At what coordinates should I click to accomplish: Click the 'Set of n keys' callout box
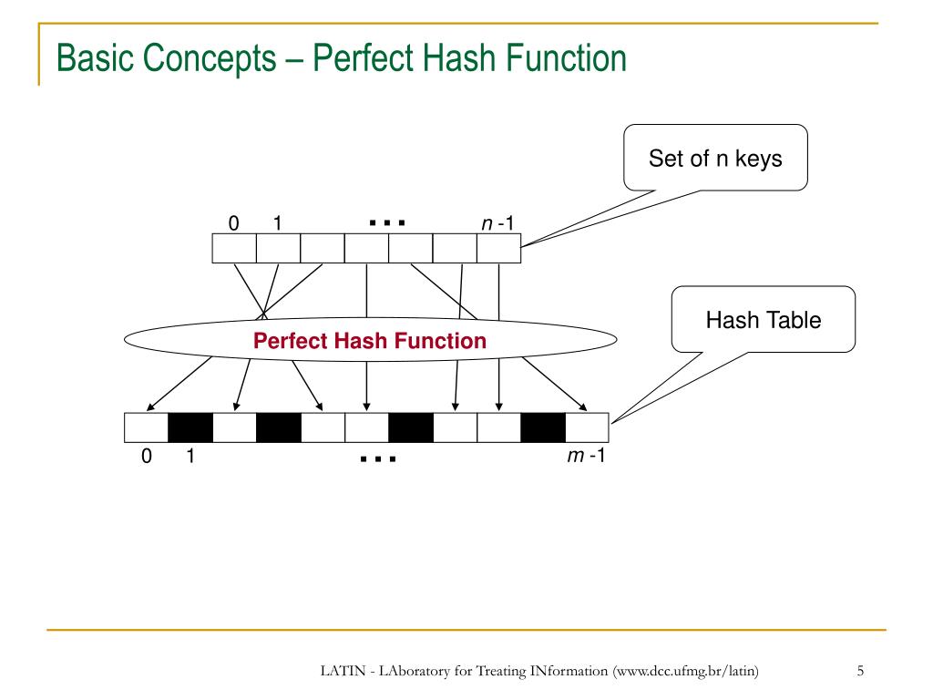click(x=715, y=158)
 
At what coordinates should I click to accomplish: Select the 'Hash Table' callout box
click(x=764, y=320)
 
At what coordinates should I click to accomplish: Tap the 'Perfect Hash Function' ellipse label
click(x=370, y=341)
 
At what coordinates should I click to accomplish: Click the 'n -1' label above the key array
click(x=497, y=222)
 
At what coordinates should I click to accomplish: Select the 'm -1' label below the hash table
click(x=586, y=456)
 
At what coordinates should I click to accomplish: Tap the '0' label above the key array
click(x=234, y=223)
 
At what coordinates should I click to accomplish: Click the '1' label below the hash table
click(x=190, y=457)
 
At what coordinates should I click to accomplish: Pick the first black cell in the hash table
click(x=190, y=426)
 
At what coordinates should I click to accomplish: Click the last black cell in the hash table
click(x=543, y=426)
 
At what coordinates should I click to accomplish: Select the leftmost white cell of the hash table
click(x=146, y=426)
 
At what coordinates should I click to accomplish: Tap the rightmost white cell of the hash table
click(x=587, y=426)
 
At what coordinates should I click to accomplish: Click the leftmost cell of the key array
click(x=234, y=249)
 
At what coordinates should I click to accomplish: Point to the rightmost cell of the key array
click(x=498, y=249)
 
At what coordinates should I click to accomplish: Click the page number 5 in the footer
click(x=860, y=672)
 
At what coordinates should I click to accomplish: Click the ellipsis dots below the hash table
click(x=378, y=458)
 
